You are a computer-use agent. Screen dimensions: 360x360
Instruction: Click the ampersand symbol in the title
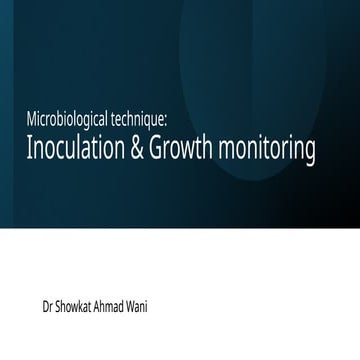[146, 154]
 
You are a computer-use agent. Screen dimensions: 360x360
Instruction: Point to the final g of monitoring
[321, 158]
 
